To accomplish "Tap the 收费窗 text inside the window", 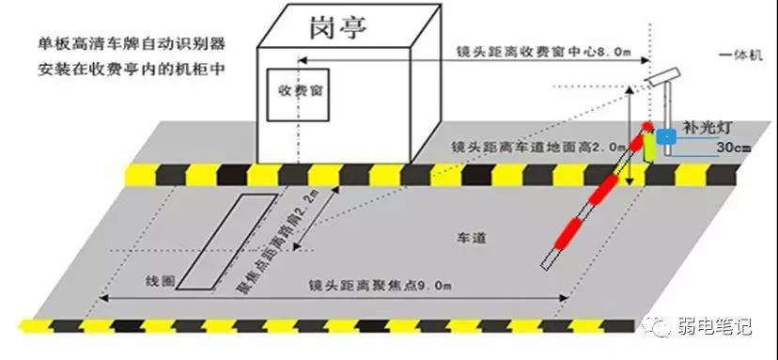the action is [296, 93].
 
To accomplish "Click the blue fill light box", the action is [666, 137].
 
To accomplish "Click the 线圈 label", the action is [160, 282].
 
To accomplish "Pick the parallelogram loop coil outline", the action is [225, 241].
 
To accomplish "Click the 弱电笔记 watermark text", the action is [714, 328].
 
